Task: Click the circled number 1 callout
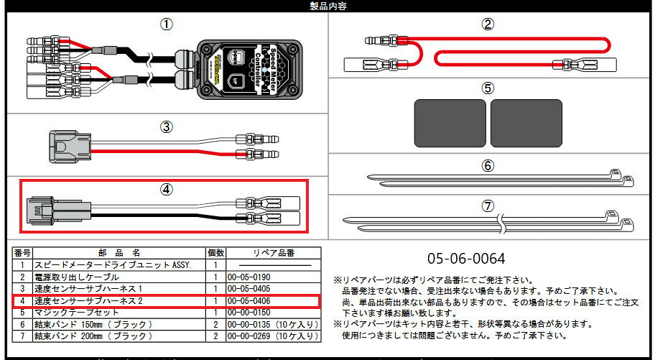pos(166,24)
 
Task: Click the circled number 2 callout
pos(488,24)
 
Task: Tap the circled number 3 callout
pos(166,127)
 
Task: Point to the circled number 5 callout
pos(488,88)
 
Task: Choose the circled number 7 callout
pos(488,206)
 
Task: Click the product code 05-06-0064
pos(467,258)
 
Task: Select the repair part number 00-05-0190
pos(248,277)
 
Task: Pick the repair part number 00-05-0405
pos(248,289)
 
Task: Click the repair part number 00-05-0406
pos(248,301)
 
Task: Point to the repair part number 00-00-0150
pos(248,313)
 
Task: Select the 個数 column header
pos(215,253)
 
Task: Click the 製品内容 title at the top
pos(327,6)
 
